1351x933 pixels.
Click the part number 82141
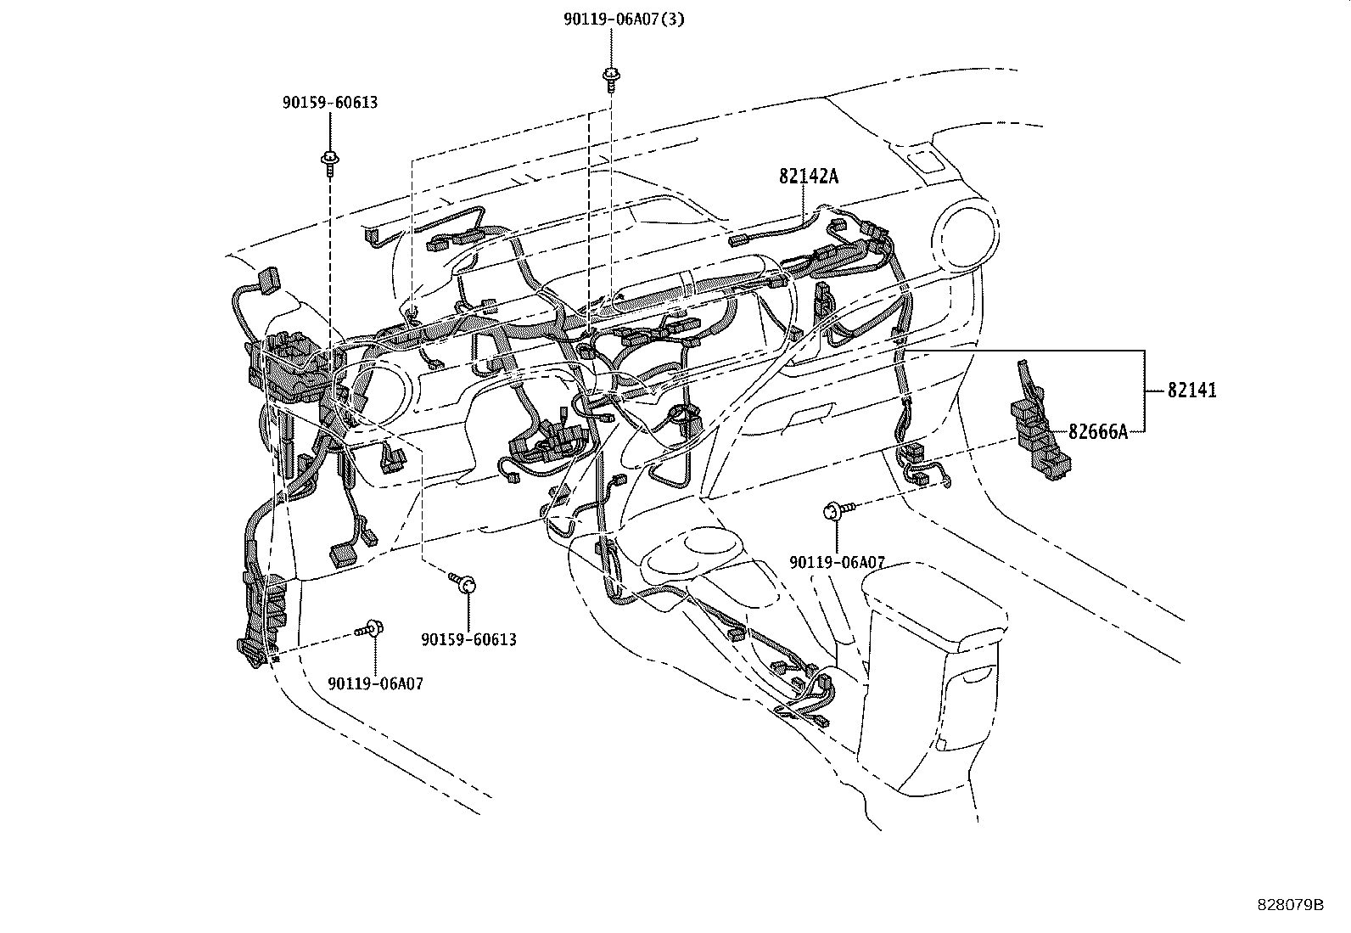1191,391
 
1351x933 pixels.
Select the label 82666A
1097,432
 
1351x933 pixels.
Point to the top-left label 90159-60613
329,103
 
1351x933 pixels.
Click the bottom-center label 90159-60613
468,639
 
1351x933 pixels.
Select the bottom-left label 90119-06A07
375,683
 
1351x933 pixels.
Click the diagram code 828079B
1290,904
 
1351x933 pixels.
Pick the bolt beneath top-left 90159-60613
329,161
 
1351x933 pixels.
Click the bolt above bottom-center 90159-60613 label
462,583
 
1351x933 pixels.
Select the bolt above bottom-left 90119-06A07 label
371,629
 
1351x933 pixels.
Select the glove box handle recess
810,416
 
